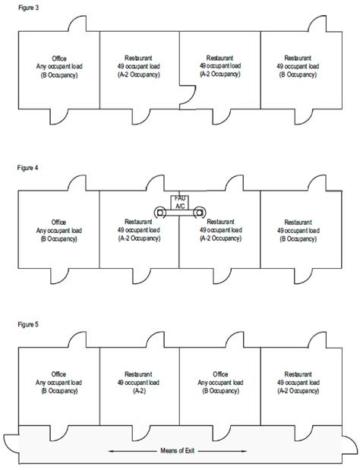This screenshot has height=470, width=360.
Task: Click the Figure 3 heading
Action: [28, 8]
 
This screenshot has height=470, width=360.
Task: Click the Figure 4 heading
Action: [27, 168]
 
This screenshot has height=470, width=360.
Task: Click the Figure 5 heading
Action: [28, 325]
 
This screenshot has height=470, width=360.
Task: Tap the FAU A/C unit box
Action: [180, 202]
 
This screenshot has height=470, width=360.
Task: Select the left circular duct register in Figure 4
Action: [160, 213]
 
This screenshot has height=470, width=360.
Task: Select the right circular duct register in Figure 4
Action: [199, 213]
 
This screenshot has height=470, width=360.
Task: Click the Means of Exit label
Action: [178, 450]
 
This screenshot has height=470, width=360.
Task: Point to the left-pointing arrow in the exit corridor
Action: [132, 451]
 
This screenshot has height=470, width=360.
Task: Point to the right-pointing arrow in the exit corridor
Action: [223, 451]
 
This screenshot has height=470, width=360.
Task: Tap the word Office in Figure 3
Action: [59, 58]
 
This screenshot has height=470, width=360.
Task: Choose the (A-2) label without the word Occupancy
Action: [139, 391]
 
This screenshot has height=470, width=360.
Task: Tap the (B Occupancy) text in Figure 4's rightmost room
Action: [298, 239]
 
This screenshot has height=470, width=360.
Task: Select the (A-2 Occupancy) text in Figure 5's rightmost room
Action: [298, 391]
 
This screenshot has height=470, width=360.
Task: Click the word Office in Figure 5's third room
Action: [220, 374]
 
